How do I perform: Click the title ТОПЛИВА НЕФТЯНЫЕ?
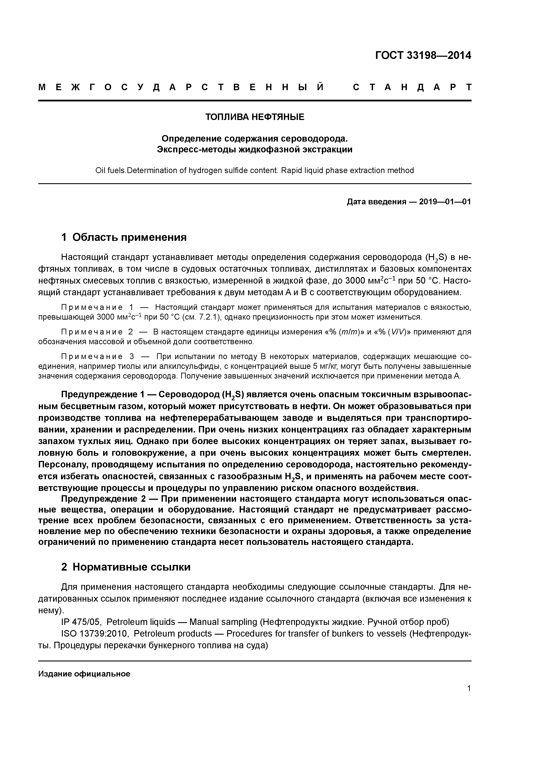click(x=255, y=117)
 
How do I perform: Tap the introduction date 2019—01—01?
click(x=445, y=202)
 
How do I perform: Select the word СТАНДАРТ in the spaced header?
click(x=412, y=87)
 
